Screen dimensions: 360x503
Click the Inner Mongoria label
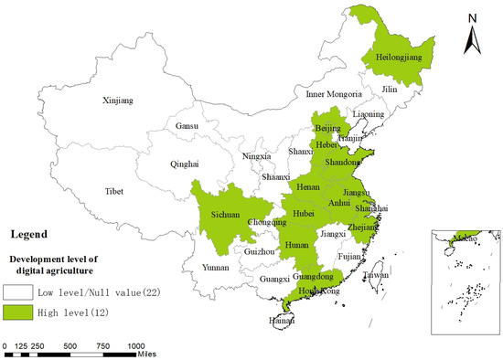(x=335, y=93)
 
